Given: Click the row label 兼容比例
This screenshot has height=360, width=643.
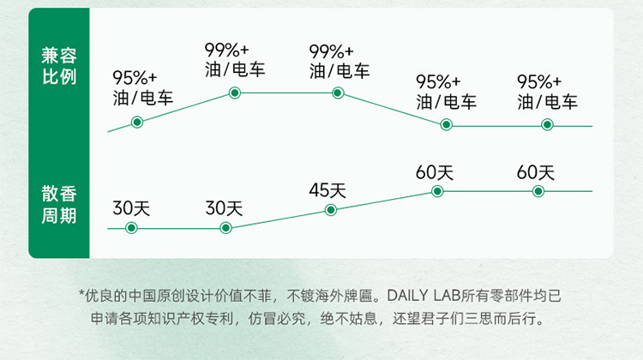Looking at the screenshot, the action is click(59, 66).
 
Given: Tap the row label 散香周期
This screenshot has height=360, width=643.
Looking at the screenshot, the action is click(59, 203).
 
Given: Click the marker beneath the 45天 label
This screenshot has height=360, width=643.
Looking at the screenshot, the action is click(332, 210).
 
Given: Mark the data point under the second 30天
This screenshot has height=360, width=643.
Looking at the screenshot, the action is click(225, 228).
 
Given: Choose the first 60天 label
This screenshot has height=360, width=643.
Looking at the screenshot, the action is click(435, 171).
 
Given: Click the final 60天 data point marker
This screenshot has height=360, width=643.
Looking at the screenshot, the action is click(538, 191).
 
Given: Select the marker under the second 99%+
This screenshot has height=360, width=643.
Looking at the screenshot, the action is click(338, 93).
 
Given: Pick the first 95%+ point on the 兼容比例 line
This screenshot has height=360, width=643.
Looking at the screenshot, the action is click(137, 123).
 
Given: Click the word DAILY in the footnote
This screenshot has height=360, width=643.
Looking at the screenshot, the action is click(415, 296).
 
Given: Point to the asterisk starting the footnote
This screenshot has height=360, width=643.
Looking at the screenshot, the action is click(82, 294).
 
